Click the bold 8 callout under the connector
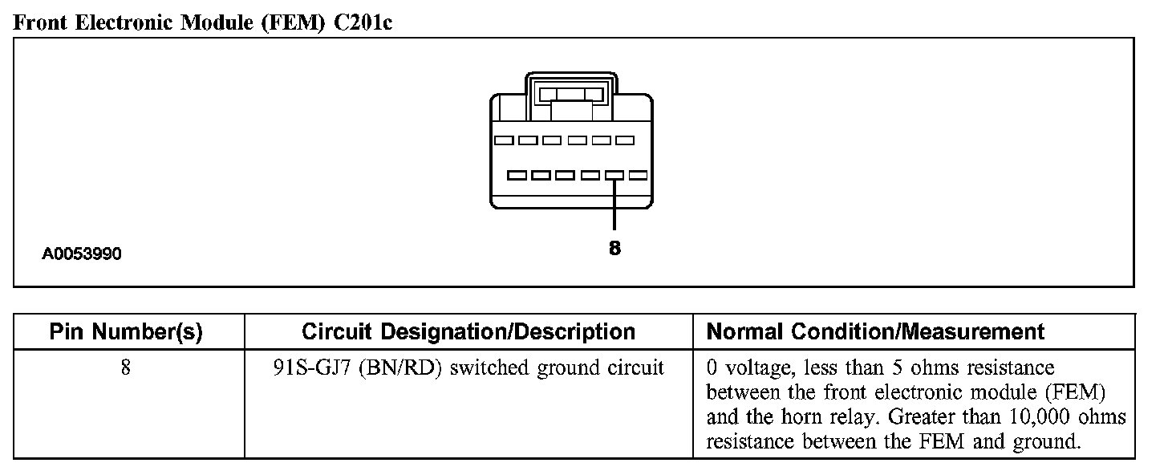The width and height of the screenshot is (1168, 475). [x=614, y=249]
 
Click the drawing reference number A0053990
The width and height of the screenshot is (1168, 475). [x=82, y=254]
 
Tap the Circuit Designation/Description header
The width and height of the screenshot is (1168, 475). [x=468, y=331]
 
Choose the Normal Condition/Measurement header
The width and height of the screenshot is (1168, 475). [x=875, y=331]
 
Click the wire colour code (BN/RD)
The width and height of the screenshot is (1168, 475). [x=399, y=368]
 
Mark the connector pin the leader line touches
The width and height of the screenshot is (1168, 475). [x=614, y=174]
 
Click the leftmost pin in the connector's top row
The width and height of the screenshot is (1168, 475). [x=505, y=140]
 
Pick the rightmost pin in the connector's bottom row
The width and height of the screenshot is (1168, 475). [x=639, y=174]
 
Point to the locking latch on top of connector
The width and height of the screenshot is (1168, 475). [x=571, y=95]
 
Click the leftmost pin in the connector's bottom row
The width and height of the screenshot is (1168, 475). [x=517, y=174]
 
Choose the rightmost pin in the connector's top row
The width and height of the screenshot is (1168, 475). [x=625, y=140]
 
